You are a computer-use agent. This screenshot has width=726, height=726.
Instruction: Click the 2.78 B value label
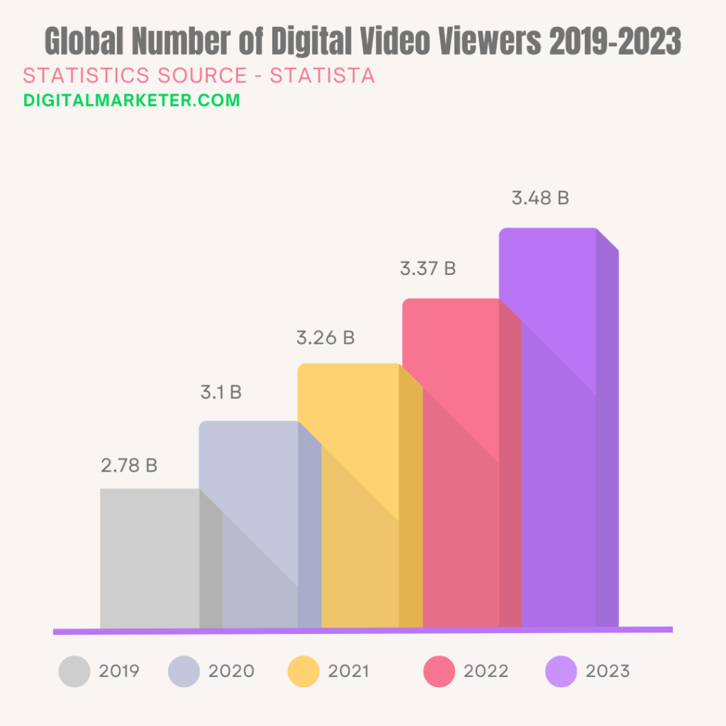click(129, 466)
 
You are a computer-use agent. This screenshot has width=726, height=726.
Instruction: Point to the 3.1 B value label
click(220, 392)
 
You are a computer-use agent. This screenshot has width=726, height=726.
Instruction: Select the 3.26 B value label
click(325, 337)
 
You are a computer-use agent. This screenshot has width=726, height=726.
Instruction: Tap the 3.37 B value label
click(428, 269)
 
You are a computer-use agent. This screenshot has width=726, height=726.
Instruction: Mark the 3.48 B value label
click(540, 198)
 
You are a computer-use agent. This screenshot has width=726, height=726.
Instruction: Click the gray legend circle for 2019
click(74, 671)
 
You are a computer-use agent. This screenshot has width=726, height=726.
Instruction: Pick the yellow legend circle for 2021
click(304, 671)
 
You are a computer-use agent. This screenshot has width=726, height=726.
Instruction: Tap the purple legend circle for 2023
click(562, 671)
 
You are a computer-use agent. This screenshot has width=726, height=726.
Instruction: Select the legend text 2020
click(231, 671)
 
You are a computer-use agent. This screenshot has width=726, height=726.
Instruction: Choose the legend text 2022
click(486, 671)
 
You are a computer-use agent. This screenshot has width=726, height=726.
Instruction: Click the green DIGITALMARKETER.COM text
click(132, 100)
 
